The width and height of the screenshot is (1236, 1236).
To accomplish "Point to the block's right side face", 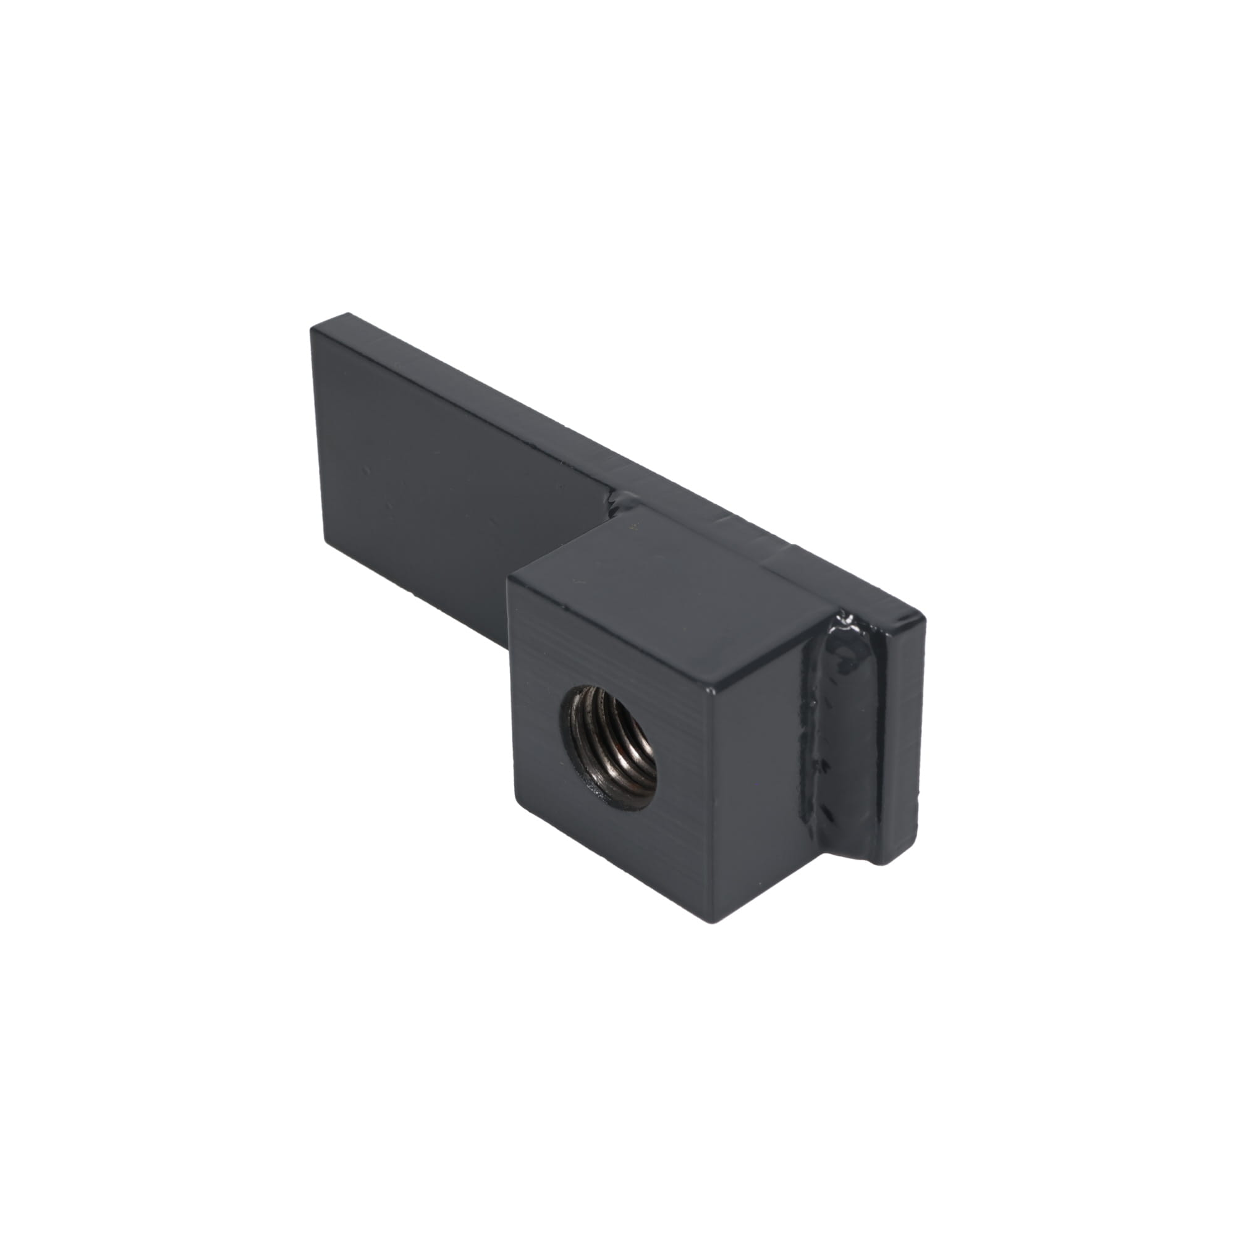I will (x=761, y=742).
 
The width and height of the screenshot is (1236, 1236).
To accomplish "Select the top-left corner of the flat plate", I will (x=312, y=329).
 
